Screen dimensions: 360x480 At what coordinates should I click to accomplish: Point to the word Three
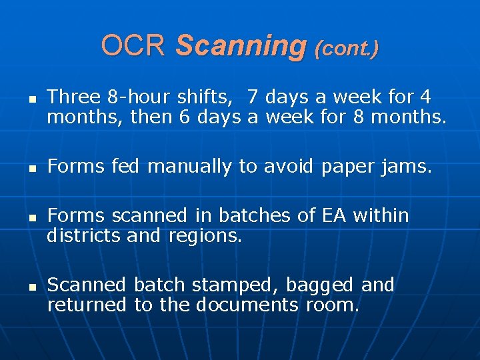pos(73,97)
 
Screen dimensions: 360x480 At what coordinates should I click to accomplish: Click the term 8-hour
pos(139,97)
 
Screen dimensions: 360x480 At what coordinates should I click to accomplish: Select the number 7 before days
pos(252,97)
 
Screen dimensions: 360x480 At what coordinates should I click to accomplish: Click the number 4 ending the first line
pos(425,97)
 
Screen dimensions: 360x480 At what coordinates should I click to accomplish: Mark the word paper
pos(346,167)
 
